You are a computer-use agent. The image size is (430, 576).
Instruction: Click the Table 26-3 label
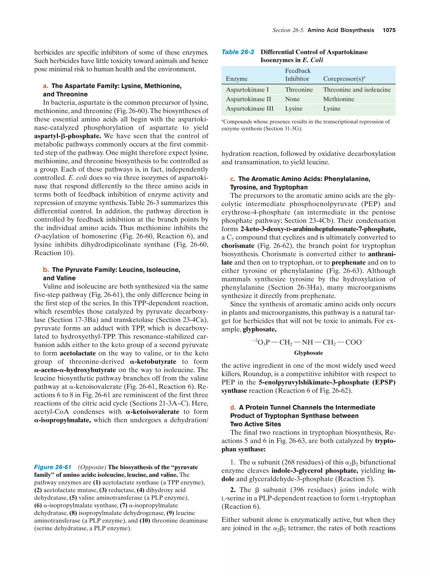click(237, 52)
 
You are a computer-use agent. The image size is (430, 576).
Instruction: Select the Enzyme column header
click(236, 79)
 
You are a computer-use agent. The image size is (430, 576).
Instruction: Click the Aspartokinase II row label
click(248, 99)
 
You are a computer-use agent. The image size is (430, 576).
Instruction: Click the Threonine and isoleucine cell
click(357, 90)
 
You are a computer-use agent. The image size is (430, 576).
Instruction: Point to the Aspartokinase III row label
click(249, 109)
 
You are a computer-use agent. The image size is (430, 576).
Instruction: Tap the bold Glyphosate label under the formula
click(308, 353)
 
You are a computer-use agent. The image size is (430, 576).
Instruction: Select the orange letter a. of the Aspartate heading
click(46, 86)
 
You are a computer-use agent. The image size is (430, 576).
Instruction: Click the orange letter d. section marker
click(233, 407)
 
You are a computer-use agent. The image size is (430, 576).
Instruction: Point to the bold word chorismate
click(238, 246)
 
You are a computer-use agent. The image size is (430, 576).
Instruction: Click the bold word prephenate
click(348, 262)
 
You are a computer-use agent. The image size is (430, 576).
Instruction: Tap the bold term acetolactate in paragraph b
click(77, 353)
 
